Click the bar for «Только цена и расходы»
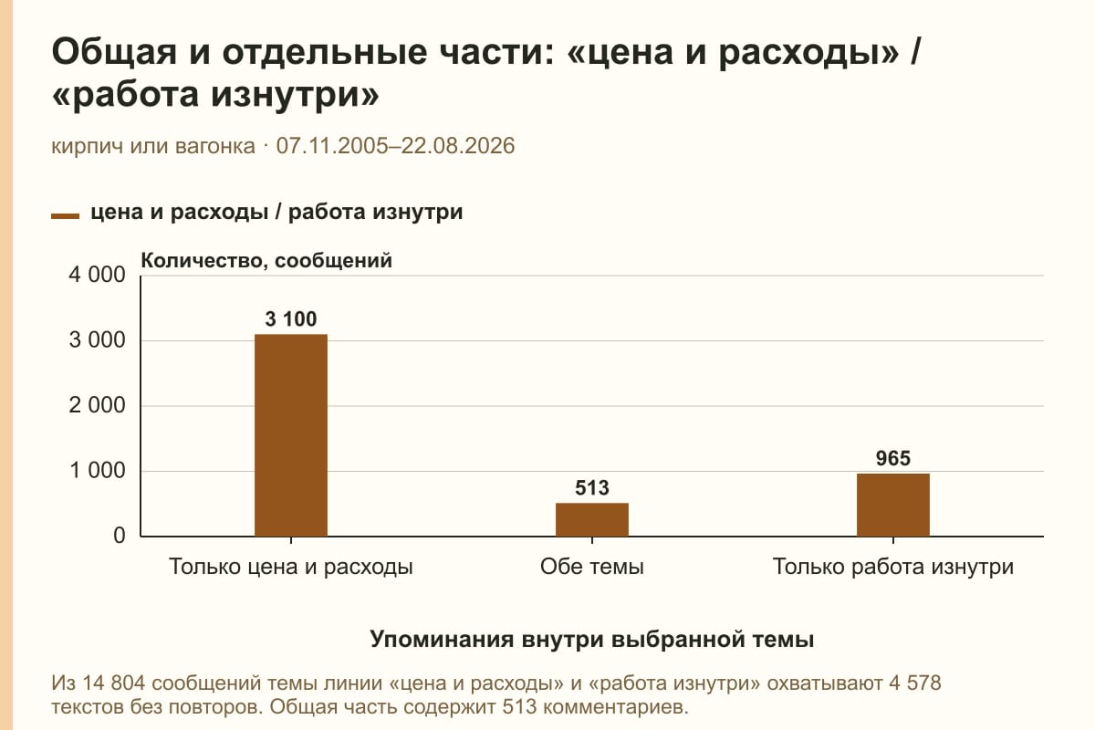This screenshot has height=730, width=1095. click(x=291, y=435)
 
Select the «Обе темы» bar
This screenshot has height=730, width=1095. click(x=592, y=520)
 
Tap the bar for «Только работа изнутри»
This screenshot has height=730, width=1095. click(x=893, y=506)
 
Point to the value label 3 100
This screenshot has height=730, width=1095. click(x=291, y=319)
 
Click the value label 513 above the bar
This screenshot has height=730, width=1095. click(x=592, y=488)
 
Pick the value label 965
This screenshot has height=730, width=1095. click(x=893, y=459)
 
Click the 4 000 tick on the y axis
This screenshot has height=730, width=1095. click(x=97, y=275)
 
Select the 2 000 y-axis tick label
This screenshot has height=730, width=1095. click(x=97, y=405)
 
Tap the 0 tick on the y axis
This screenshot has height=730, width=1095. click(x=120, y=536)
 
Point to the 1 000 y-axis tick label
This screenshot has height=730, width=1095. click(x=97, y=471)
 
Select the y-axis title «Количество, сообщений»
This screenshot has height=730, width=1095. click(x=266, y=261)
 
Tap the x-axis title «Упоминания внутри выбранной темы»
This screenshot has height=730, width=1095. click(x=592, y=640)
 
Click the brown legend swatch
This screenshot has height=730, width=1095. click(x=65, y=216)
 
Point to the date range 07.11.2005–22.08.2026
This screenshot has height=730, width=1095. click(x=395, y=146)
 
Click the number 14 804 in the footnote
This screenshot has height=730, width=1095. click(x=113, y=683)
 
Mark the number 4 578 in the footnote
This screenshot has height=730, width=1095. click(x=914, y=683)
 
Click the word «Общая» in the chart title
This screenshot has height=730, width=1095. click(x=114, y=52)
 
